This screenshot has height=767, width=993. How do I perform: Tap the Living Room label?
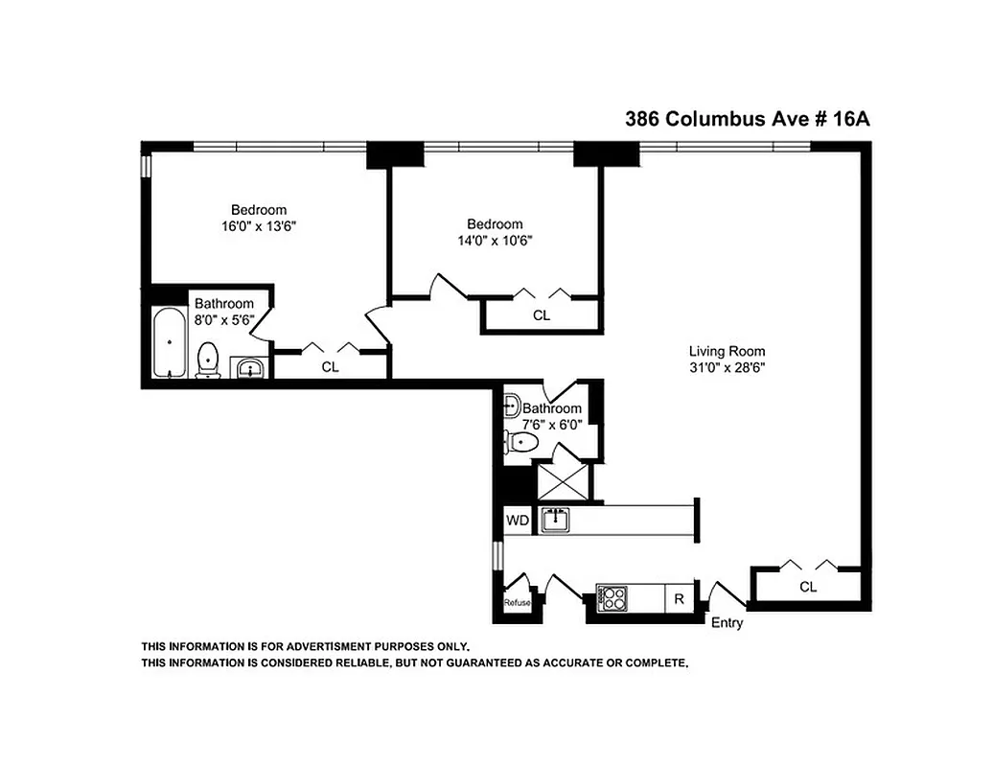(727, 351)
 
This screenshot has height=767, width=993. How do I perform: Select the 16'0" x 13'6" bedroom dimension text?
(258, 227)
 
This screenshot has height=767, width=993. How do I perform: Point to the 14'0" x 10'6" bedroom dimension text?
(494, 242)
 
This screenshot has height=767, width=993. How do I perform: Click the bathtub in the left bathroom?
(170, 342)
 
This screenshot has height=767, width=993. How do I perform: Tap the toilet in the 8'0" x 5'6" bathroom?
(207, 360)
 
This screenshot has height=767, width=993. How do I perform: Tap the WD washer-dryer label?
(518, 521)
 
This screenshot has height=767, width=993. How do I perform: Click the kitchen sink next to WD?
(555, 521)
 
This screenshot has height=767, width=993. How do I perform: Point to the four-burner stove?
(612, 598)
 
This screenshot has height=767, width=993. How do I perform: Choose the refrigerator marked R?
(679, 599)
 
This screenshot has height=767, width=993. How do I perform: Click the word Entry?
(727, 623)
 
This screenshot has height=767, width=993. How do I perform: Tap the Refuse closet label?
(518, 602)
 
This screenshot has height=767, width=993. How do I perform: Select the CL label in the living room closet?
(807, 587)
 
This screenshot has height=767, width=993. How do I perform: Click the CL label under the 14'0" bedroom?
(542, 314)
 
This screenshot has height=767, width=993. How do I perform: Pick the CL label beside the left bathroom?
(330, 366)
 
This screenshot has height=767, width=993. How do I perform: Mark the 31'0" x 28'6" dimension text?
(727, 366)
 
